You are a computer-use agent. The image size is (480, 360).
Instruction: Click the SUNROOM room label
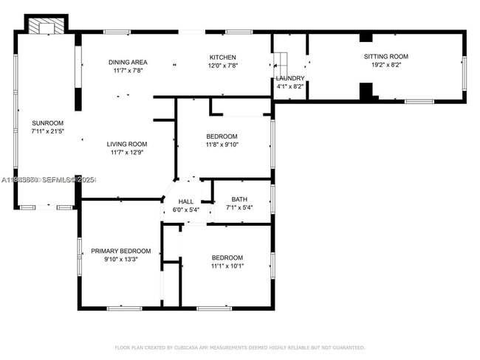[47, 122]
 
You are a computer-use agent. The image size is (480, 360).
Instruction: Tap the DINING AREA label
[128, 62]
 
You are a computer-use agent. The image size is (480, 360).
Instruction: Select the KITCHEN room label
[222, 58]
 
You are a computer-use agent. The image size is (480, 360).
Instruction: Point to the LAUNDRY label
[289, 78]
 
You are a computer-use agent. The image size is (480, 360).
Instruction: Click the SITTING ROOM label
[385, 57]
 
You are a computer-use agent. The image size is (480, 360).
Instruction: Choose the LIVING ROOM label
[127, 144]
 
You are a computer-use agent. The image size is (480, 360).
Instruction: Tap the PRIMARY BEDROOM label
[121, 251]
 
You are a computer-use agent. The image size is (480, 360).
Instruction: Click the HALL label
[185, 201]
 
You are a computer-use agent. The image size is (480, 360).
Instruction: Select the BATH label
[239, 199]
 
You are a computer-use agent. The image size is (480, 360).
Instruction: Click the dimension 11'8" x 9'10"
[222, 145]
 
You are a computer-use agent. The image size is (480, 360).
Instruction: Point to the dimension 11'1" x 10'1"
[227, 266]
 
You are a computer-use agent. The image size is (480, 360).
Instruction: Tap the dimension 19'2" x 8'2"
[385, 65]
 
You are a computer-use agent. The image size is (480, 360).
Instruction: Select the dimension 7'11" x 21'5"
[47, 131]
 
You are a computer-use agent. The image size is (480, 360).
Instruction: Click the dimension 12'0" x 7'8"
[222, 66]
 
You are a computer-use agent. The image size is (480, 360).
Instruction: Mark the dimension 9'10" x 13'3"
[121, 259]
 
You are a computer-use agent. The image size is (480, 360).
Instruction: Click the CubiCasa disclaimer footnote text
[239, 347]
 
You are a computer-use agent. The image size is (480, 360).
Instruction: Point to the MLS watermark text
[48, 180]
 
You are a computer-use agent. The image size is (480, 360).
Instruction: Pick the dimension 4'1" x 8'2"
[289, 86]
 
